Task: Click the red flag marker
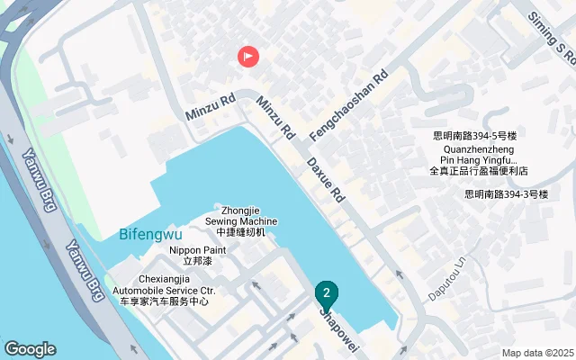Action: point(248,57)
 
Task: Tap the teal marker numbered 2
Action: point(327,293)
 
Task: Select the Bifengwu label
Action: point(150,235)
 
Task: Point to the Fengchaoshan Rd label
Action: point(347,105)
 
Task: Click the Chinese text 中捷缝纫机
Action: point(241,232)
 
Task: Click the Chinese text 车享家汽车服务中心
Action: point(176,301)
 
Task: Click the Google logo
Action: point(30,348)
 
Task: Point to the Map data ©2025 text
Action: point(537,353)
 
